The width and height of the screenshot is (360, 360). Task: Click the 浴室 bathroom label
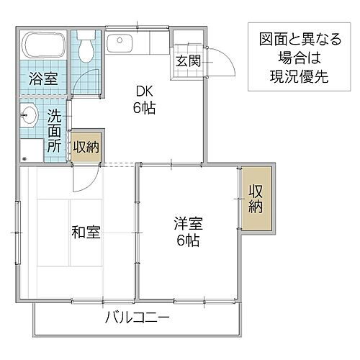pos(43,78)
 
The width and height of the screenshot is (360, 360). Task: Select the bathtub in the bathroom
pos(43,46)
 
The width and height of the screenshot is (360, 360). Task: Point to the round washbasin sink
pos(30,113)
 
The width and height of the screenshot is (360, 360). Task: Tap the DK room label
pos(141,92)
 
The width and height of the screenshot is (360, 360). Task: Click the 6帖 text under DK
pos(143,109)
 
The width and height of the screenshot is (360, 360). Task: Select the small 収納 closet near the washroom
pos(86,147)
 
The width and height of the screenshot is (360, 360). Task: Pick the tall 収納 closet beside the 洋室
pos(256,199)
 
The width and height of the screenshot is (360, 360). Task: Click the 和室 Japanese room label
pos(85,233)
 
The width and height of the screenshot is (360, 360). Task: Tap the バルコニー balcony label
pos(137,318)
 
